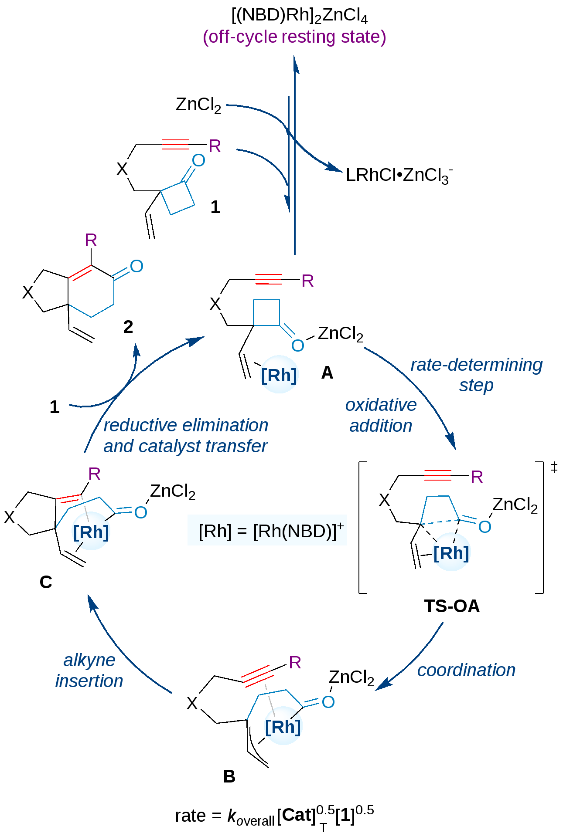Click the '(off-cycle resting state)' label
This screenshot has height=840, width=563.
(x=294, y=37)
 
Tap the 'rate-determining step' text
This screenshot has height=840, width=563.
(x=476, y=375)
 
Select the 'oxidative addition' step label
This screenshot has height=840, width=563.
(x=381, y=415)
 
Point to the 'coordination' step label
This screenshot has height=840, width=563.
(x=466, y=670)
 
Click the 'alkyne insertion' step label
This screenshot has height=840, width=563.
(x=89, y=671)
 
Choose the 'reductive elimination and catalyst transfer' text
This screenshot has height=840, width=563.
(x=186, y=436)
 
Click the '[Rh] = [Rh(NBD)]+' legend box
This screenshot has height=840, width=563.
(x=267, y=530)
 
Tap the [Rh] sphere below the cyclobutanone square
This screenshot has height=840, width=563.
(x=279, y=375)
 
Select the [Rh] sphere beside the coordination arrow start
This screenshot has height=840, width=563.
(x=451, y=552)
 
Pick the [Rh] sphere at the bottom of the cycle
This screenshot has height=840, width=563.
(x=283, y=726)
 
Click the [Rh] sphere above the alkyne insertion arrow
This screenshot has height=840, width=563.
(x=91, y=532)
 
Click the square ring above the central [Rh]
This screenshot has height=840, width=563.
(x=266, y=312)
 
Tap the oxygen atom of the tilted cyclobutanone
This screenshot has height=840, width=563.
(x=198, y=160)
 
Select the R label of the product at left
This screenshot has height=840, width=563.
(x=91, y=240)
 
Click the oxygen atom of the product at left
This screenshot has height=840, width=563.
(x=136, y=266)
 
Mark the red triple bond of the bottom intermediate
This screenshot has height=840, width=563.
(x=257, y=676)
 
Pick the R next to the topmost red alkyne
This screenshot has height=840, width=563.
(x=215, y=146)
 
